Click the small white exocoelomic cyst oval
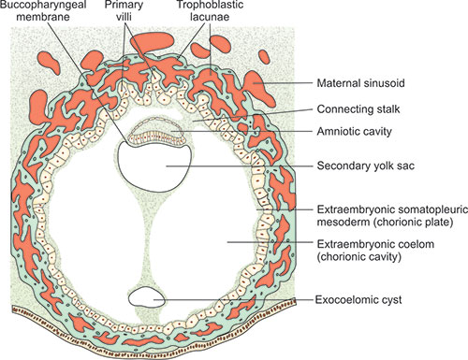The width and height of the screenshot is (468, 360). coord(146,297)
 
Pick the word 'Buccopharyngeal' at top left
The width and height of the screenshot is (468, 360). coord(47,7)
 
